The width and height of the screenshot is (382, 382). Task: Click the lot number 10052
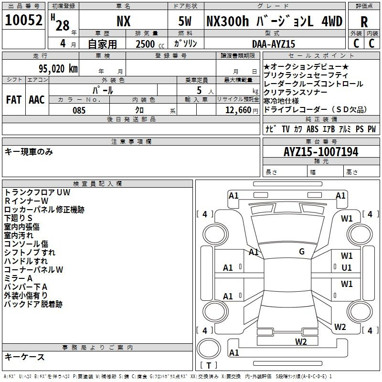(23, 20)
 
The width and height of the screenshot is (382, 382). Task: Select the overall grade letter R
(364, 22)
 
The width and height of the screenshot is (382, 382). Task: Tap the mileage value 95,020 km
(58, 69)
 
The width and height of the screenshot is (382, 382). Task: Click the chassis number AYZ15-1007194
(321, 152)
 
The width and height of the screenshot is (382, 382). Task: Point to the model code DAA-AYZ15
(274, 44)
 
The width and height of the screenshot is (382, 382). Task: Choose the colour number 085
(79, 110)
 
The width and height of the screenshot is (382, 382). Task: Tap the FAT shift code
(14, 100)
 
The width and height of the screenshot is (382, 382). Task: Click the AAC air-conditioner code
(37, 100)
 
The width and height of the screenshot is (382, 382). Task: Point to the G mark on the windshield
(302, 252)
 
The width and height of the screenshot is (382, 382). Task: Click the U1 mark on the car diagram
(347, 267)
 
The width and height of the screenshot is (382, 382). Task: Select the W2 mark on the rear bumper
(301, 341)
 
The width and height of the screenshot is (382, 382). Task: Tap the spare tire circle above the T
(209, 349)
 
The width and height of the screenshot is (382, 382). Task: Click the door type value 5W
(185, 21)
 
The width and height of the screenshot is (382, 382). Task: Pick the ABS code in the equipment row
(312, 129)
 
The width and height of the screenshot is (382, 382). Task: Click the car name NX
(124, 21)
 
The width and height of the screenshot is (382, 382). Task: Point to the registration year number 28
(63, 25)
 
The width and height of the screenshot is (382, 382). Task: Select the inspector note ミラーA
(18, 278)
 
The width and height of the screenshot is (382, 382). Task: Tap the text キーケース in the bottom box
(25, 357)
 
